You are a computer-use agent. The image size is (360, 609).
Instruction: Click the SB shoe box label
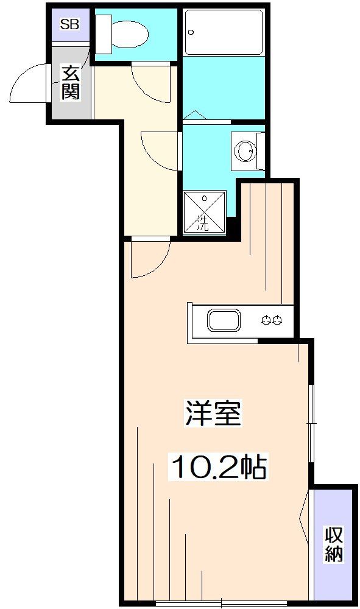click(70, 24)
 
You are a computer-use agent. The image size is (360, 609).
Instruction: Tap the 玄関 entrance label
click(71, 83)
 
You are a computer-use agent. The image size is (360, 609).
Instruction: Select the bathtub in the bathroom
click(224, 32)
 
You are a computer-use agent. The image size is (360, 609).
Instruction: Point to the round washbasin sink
click(246, 150)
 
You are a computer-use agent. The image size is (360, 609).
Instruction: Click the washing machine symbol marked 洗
click(204, 213)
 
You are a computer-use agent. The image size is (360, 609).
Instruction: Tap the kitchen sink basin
click(224, 320)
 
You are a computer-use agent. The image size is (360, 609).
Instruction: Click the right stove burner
click(277, 320)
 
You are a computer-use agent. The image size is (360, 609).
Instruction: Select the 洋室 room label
click(213, 414)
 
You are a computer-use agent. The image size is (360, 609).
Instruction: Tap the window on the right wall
click(311, 423)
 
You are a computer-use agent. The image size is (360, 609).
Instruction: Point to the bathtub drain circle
click(191, 32)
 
